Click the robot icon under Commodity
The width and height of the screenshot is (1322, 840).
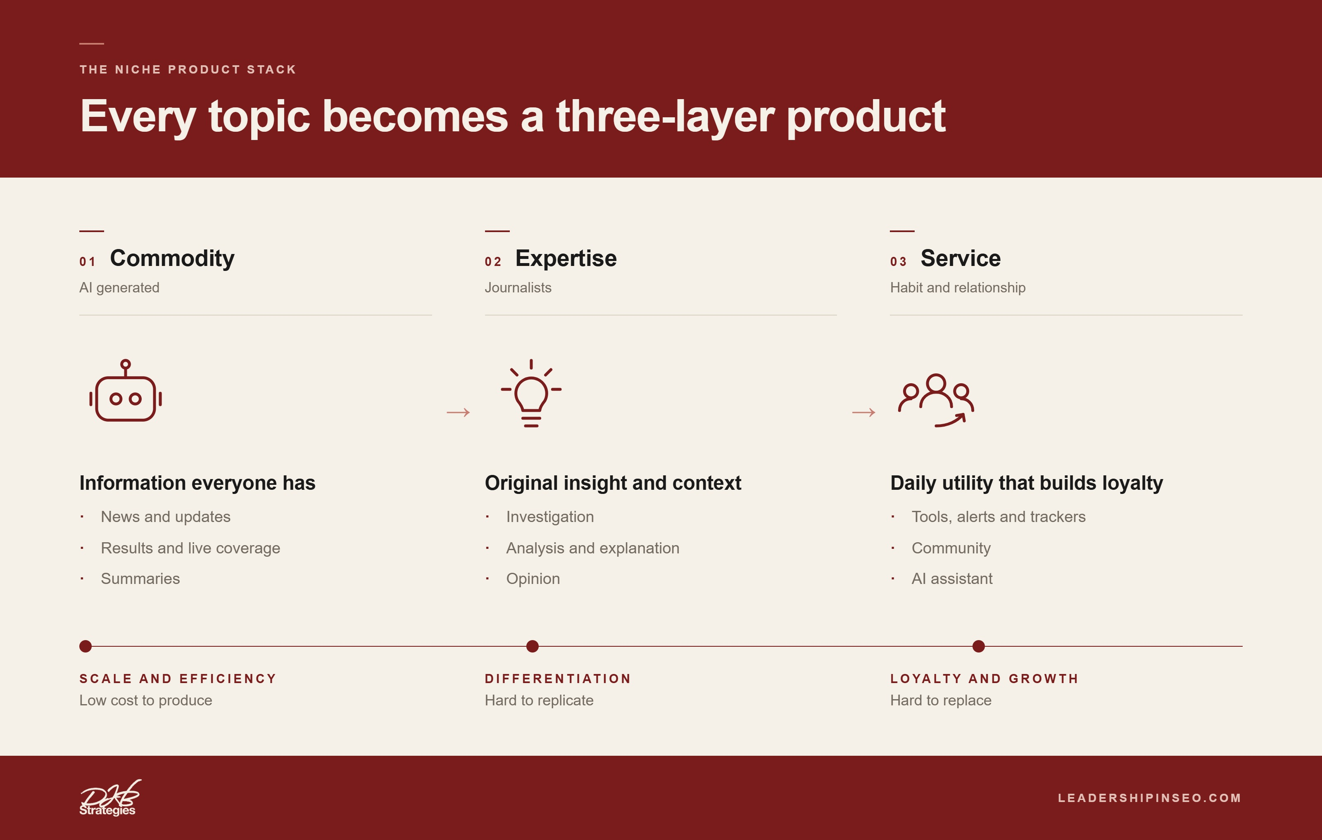click(126, 390)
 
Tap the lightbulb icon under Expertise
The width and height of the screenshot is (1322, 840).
click(531, 393)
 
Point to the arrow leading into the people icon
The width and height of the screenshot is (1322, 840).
click(863, 412)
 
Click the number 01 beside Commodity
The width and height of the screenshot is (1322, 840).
click(87, 262)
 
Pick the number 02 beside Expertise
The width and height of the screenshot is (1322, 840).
click(493, 262)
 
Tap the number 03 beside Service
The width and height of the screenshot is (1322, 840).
click(898, 262)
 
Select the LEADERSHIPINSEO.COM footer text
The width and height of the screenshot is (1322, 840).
click(1150, 798)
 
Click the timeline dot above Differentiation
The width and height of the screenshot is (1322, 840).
click(532, 646)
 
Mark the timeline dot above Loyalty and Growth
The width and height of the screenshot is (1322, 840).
click(978, 646)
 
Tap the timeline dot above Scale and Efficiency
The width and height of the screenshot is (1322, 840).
click(85, 646)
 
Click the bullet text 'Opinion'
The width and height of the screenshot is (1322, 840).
click(533, 579)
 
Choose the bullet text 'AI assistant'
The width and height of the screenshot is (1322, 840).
click(952, 579)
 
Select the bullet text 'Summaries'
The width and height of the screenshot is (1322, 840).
click(140, 579)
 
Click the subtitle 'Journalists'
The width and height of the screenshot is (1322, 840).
click(518, 287)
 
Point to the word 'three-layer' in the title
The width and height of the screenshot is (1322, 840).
click(666, 116)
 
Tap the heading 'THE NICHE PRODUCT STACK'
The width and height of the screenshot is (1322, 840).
click(188, 70)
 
